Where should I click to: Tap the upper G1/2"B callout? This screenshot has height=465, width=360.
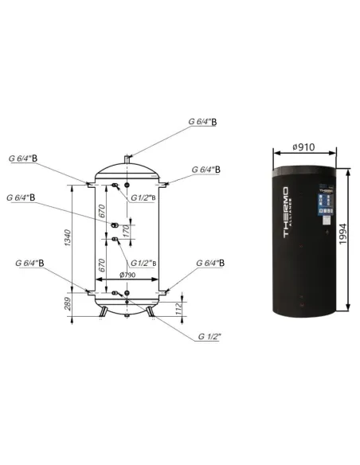click(x=147, y=189)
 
